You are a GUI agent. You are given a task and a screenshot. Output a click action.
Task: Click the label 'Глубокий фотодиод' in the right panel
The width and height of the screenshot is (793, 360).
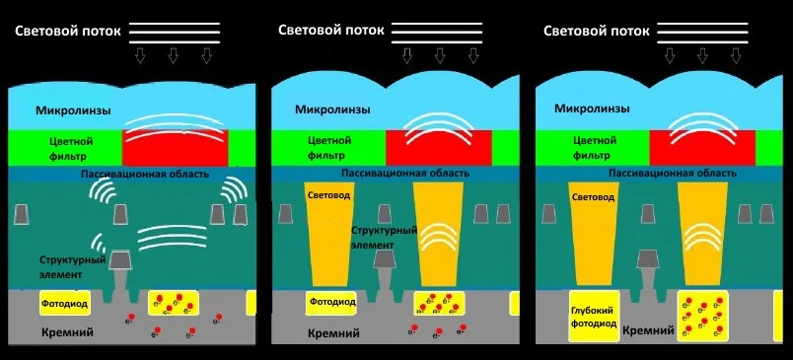(x=594, y=317)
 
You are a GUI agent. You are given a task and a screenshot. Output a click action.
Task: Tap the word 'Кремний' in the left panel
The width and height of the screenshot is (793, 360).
(x=68, y=332)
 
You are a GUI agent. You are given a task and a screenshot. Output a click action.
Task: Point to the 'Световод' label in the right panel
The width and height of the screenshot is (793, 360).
(x=593, y=196)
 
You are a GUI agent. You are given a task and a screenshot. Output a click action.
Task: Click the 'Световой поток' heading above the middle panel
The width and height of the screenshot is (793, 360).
(x=331, y=30)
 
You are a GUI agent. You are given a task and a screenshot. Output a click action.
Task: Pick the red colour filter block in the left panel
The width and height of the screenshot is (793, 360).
(x=175, y=148)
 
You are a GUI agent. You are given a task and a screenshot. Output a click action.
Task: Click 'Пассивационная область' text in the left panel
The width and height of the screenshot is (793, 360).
(x=145, y=175)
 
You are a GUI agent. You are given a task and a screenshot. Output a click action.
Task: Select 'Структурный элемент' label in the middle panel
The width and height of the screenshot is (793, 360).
(x=385, y=238)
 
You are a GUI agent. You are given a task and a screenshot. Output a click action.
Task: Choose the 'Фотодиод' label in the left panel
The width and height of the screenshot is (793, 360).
(x=65, y=304)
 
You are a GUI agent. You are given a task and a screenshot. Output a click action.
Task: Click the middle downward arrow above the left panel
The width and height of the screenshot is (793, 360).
(x=173, y=55)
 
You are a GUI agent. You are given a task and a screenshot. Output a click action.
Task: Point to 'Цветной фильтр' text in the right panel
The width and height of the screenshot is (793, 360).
(x=594, y=148)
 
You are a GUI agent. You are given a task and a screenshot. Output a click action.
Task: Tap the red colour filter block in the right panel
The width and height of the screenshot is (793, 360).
(x=702, y=148)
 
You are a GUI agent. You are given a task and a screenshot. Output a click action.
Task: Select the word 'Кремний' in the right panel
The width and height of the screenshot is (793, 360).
(x=649, y=330)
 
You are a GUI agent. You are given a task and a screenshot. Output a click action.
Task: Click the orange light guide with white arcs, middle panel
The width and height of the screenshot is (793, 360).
(x=438, y=234)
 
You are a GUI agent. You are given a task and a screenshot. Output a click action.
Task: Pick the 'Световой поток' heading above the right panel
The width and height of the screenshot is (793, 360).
(x=597, y=31)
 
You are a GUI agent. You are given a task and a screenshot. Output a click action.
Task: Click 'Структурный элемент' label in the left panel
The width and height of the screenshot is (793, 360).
(x=73, y=267)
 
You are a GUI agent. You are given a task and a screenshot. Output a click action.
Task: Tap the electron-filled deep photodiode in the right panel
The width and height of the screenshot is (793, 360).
(x=703, y=316)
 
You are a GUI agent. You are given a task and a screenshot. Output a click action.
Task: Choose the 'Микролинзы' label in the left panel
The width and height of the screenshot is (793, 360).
(x=73, y=110)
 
